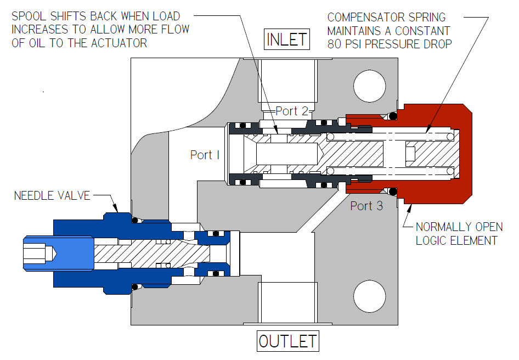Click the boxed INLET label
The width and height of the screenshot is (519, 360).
coord(287,40)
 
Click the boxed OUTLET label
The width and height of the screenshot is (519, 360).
coord(288,341)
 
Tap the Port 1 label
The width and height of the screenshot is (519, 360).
coord(205,155)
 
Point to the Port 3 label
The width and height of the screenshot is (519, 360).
coord(366,206)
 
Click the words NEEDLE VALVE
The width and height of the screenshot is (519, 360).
coord(52,195)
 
